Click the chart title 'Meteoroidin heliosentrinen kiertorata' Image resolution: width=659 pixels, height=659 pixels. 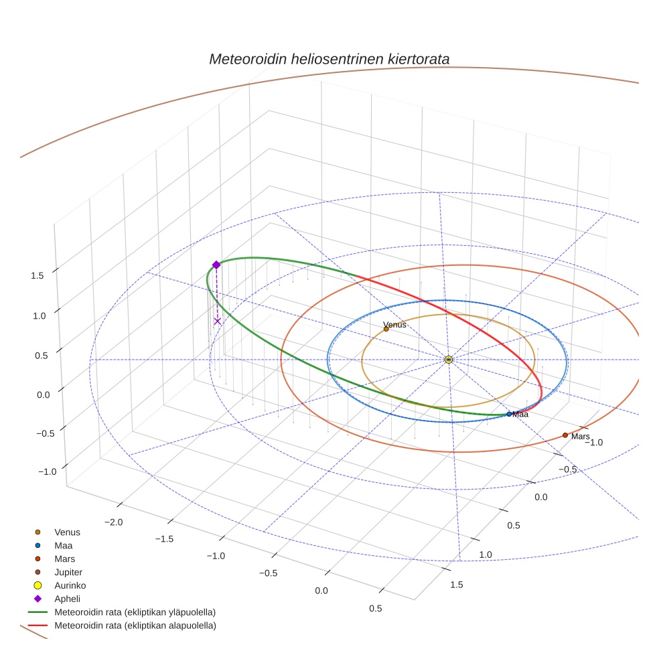329,59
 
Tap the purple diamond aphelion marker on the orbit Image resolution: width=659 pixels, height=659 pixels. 216,265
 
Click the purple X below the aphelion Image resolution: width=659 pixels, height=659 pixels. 217,321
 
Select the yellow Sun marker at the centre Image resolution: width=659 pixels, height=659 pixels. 449,360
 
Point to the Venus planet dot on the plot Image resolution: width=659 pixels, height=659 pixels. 386,329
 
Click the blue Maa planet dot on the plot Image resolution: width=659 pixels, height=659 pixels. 509,414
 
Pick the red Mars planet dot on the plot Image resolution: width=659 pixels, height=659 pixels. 565,435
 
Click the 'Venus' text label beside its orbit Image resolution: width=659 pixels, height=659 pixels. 395,325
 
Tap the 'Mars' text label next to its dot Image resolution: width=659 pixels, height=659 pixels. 581,437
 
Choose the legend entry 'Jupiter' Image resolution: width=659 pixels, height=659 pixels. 68,572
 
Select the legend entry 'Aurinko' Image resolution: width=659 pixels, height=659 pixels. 70,585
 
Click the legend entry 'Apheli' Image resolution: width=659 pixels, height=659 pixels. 67,599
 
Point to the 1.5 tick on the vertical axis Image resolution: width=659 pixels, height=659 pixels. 38,275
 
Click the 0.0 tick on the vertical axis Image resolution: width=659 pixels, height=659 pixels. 44,394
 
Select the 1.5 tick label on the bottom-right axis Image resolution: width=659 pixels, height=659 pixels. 457,585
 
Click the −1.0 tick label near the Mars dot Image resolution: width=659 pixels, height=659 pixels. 593,442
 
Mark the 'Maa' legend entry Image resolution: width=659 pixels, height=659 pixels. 64,545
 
